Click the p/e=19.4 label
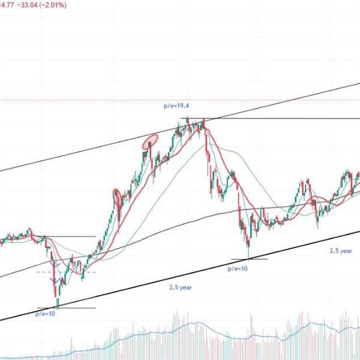point(176,106)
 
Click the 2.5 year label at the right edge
point(341,251)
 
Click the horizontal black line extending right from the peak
point(282,119)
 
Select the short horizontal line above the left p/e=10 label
point(66,308)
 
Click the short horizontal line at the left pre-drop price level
point(72,236)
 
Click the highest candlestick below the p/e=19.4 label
point(187,122)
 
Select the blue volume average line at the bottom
point(198,325)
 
